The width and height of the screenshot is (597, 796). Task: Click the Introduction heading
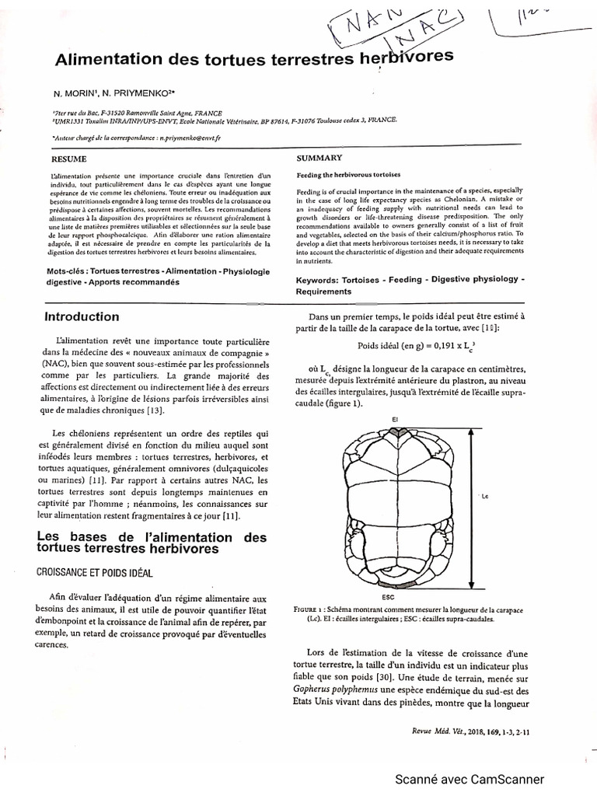pyautogui.click(x=82, y=316)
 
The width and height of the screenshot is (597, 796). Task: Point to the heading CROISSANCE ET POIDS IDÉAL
pyautogui.click(x=94, y=571)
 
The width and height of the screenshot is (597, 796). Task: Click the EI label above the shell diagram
pyautogui.click(x=395, y=420)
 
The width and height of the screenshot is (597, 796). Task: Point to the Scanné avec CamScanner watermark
pyautogui.click(x=470, y=780)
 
